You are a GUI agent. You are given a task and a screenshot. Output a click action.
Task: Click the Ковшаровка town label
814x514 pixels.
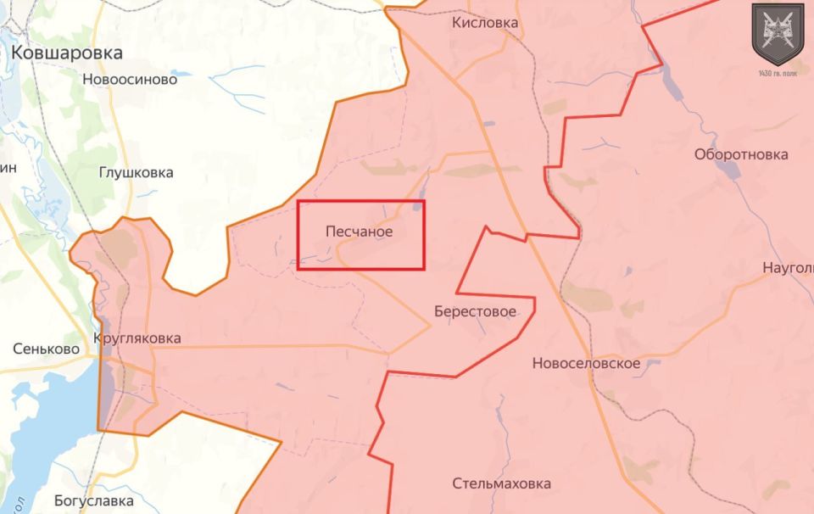[67, 53]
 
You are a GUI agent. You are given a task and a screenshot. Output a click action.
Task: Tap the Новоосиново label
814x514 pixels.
[130, 80]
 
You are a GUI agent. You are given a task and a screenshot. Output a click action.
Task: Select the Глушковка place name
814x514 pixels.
[136, 172]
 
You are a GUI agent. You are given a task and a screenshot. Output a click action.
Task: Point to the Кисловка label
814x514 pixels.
[485, 23]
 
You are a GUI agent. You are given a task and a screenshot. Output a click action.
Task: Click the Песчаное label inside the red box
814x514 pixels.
[360, 231]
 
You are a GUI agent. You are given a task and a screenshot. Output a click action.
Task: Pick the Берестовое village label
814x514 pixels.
[475, 311]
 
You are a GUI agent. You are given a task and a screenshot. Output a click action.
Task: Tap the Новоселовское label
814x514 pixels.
[586, 363]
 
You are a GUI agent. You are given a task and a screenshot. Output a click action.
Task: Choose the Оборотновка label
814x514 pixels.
[741, 154]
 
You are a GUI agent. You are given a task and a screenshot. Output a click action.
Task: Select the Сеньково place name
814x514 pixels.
[47, 349]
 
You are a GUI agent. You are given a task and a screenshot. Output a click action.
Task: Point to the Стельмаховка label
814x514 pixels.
[501, 483]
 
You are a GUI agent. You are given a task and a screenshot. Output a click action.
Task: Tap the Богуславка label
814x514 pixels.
[94, 500]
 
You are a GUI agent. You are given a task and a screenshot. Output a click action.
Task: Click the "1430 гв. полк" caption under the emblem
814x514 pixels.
[778, 73]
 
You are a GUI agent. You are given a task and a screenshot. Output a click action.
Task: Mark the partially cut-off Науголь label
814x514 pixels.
[788, 268]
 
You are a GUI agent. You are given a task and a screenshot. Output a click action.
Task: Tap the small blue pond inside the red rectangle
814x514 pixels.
[419, 204]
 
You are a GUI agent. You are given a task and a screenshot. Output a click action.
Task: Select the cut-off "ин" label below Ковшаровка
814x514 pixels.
[8, 168]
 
